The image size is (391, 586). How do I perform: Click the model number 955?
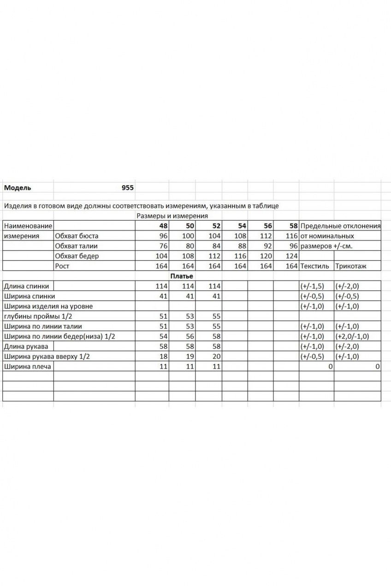[x=127, y=188]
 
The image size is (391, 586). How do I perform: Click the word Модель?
[x=18, y=188]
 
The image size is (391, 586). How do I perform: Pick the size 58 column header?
[x=293, y=226]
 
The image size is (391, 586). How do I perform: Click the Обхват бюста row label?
[x=76, y=236]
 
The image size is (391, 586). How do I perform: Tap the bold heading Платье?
[x=181, y=276]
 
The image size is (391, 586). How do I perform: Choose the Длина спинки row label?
[x=26, y=286]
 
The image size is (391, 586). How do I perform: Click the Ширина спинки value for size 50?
[x=190, y=296]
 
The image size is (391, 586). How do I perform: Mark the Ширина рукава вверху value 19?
[x=190, y=356]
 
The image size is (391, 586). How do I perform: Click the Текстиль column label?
[x=314, y=266]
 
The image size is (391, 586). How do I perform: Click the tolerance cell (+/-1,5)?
[x=312, y=286]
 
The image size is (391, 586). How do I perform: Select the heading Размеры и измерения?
[x=172, y=216]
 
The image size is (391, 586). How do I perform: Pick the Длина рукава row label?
[x=26, y=346]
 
